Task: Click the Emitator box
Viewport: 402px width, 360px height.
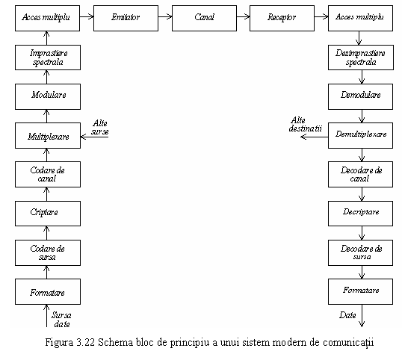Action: pyautogui.click(x=126, y=19)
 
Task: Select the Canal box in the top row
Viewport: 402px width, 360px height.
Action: pyautogui.click(x=204, y=19)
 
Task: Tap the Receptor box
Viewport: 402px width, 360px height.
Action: pyautogui.click(x=282, y=19)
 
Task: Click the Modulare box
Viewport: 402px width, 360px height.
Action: pyautogui.click(x=48, y=96)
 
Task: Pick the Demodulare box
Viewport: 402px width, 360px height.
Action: pyautogui.click(x=360, y=96)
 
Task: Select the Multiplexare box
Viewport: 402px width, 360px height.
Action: pyautogui.click(x=48, y=135)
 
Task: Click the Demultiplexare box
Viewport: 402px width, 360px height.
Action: pyautogui.click(x=360, y=135)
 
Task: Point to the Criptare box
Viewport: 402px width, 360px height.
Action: pyautogui.click(x=48, y=214)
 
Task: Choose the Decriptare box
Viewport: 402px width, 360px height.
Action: pyautogui.click(x=360, y=214)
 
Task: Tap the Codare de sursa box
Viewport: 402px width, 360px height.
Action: pyautogui.click(x=48, y=253)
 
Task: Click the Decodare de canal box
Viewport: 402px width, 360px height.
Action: pyautogui.click(x=360, y=174)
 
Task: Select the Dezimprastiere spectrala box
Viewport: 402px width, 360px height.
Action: pyautogui.click(x=361, y=58)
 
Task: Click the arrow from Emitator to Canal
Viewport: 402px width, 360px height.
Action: pyautogui.click(x=165, y=17)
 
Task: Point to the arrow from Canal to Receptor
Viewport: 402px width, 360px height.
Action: pyautogui.click(x=243, y=17)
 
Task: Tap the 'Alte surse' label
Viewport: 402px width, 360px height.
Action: pyautogui.click(x=99, y=128)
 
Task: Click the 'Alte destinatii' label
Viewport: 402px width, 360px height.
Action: pyautogui.click(x=305, y=124)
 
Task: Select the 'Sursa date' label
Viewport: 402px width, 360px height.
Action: pyautogui.click(x=61, y=320)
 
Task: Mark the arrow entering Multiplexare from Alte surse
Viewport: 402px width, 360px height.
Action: pyautogui.click(x=94, y=137)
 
